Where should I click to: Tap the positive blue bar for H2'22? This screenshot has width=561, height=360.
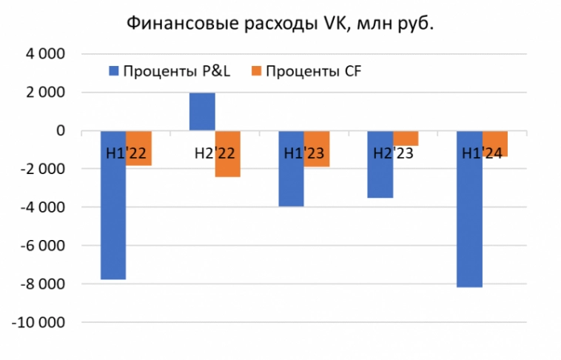(x=202, y=112)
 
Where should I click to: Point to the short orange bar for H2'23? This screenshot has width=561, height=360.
(x=406, y=138)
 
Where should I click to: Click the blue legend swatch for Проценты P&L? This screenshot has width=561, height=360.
(x=114, y=71)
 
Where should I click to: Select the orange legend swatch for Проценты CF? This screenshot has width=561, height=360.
(x=257, y=71)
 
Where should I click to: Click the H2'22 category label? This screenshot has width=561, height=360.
(x=215, y=154)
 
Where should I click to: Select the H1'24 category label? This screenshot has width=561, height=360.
(x=482, y=154)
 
